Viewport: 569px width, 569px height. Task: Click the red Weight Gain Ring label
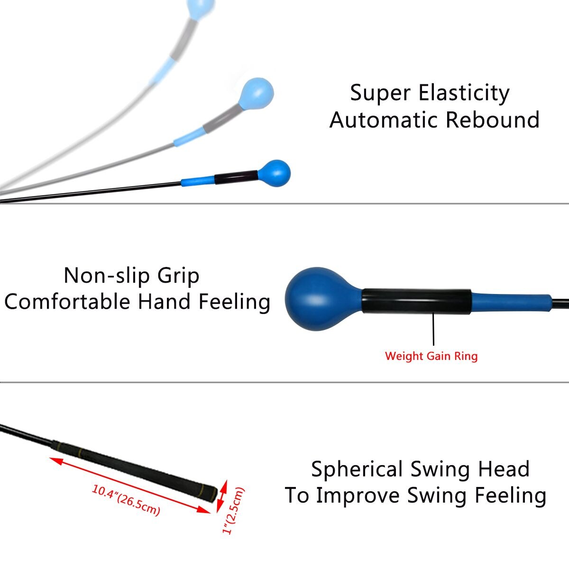[x=431, y=356]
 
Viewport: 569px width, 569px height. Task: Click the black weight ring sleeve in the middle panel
[x=416, y=302]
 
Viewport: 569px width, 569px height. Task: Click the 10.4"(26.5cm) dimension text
[x=126, y=500]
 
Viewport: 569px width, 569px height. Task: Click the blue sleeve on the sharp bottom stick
[x=197, y=181]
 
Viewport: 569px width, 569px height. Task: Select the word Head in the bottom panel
[x=504, y=469]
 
